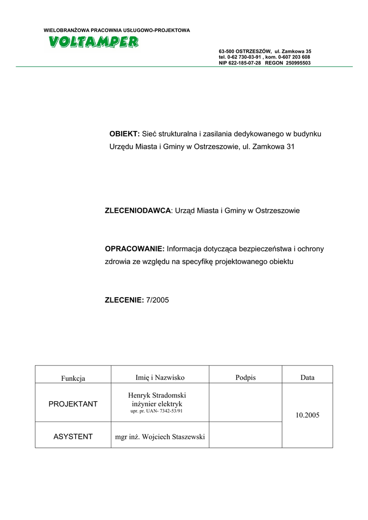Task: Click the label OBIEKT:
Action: (x=125, y=134)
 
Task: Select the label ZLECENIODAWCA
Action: (x=138, y=210)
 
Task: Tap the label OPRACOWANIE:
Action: (x=135, y=249)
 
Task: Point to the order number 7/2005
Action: (x=157, y=300)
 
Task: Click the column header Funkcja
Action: (x=73, y=378)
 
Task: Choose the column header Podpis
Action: (x=246, y=377)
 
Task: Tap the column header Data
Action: (x=308, y=377)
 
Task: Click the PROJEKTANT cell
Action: (x=73, y=404)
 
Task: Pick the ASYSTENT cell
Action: (x=73, y=436)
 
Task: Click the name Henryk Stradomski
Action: (x=160, y=395)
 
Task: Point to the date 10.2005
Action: (x=308, y=415)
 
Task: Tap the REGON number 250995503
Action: (x=298, y=63)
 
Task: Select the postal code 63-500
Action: (x=226, y=52)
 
